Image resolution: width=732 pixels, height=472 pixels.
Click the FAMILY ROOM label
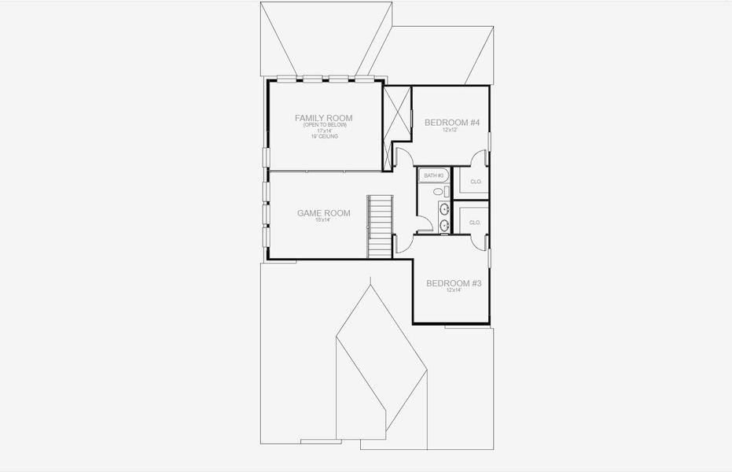pyautogui.click(x=323, y=118)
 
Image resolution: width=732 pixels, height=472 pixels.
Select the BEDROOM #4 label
pyautogui.click(x=451, y=122)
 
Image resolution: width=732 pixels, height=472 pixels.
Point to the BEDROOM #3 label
pyautogui.click(x=452, y=283)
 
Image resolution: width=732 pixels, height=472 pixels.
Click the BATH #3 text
pyautogui.click(x=434, y=175)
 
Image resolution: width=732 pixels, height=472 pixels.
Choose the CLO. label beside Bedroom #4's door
pyautogui.click(x=475, y=182)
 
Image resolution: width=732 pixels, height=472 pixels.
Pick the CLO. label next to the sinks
pyautogui.click(x=475, y=223)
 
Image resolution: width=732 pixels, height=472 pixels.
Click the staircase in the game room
pyautogui.click(x=380, y=226)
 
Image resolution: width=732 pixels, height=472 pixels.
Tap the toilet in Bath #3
pyautogui.click(x=439, y=190)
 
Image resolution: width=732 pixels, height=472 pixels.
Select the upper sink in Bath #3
pyautogui.click(x=444, y=208)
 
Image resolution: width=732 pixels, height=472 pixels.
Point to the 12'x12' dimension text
pyautogui.click(x=450, y=131)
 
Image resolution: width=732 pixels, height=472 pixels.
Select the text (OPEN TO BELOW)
pyautogui.click(x=323, y=125)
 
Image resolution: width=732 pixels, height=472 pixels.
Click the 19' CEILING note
pyautogui.click(x=323, y=136)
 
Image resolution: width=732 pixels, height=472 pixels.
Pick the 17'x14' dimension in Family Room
pyautogui.click(x=323, y=131)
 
